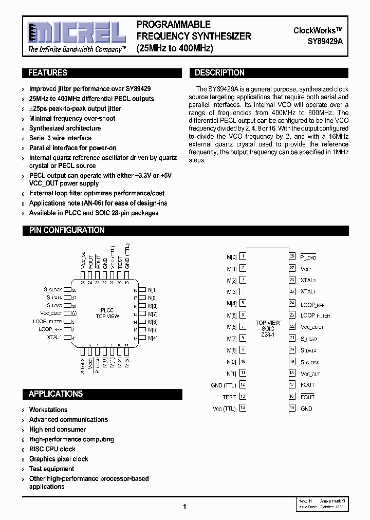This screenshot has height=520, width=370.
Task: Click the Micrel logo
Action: (x=77, y=33)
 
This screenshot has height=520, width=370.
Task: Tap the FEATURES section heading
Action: (x=47, y=73)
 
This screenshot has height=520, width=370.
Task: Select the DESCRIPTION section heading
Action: (x=219, y=73)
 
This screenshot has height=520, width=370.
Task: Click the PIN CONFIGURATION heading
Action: (x=67, y=230)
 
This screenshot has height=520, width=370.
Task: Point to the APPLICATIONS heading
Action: (x=55, y=394)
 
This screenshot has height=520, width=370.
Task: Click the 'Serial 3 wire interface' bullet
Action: (x=60, y=138)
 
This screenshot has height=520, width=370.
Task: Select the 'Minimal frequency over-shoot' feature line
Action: (x=72, y=119)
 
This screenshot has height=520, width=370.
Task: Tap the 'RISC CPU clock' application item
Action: (x=52, y=449)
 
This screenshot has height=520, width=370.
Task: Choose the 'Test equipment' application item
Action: (x=51, y=469)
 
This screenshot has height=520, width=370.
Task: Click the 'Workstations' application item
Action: (x=48, y=410)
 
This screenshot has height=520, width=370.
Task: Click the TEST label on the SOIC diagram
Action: (x=229, y=397)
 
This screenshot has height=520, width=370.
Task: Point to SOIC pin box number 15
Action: (x=292, y=408)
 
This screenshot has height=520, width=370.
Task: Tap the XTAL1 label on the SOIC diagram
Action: (x=308, y=292)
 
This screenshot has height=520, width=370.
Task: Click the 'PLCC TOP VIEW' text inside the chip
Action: (x=107, y=313)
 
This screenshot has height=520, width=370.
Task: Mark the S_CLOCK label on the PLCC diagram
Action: (x=53, y=290)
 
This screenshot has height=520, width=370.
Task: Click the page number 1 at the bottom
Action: (x=184, y=507)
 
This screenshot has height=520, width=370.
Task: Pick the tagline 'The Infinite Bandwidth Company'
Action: (x=77, y=50)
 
